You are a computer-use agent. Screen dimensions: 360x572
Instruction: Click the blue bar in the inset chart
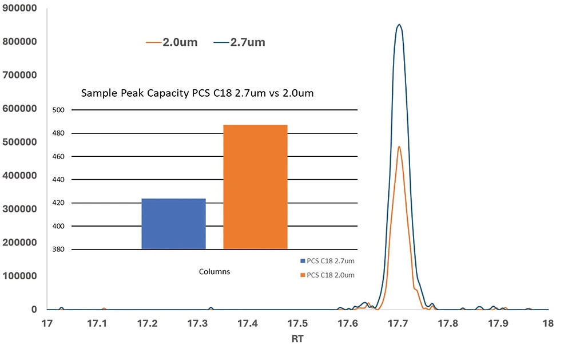tap(173, 224)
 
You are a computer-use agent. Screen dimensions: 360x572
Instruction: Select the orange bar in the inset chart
tap(255, 187)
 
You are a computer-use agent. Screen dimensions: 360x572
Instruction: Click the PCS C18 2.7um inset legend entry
tap(327, 261)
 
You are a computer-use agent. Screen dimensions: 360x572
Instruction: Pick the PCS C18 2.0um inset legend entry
tap(327, 275)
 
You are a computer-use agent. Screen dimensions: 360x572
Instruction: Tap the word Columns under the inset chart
tap(214, 272)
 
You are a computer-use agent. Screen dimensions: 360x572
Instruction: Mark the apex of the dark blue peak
tap(399, 25)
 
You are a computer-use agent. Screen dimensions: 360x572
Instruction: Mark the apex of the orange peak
tap(399, 147)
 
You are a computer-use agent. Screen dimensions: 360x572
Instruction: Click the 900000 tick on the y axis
tap(21, 8)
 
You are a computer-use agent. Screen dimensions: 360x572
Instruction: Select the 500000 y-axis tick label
tap(21, 142)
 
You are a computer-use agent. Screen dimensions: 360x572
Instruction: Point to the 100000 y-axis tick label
tap(21, 276)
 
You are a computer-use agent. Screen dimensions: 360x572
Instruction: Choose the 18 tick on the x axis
tap(547, 323)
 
